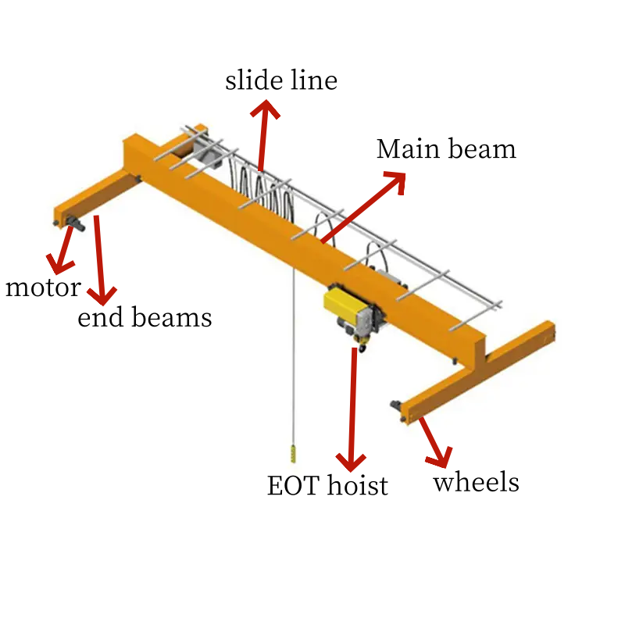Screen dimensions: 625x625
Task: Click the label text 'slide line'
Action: coord(281,80)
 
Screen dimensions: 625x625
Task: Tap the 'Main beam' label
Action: coord(446,149)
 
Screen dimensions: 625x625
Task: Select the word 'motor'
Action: coord(42,287)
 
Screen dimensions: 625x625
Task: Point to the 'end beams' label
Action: coord(145,317)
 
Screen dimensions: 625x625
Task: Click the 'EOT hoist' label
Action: coord(327,486)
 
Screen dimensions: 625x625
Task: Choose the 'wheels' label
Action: coord(476,482)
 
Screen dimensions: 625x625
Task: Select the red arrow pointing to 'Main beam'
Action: coord(363,208)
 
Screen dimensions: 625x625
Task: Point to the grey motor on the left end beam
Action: coord(75,224)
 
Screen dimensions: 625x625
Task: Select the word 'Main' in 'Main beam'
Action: coord(402,149)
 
